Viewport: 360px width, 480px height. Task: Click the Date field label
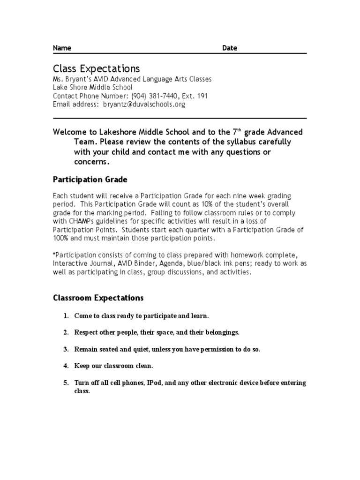coord(229,48)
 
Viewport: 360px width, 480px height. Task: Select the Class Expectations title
coord(96,68)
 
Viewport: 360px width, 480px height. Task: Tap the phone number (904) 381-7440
coord(151,96)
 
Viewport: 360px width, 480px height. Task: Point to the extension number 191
coord(202,96)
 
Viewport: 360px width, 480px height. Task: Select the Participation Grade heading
coord(90,180)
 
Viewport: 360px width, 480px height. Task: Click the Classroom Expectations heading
coord(98,298)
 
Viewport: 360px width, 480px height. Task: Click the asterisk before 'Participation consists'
coord(54,254)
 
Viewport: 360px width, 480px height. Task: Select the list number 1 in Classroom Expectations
coord(66,315)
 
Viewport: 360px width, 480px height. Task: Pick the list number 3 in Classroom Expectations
coord(66,349)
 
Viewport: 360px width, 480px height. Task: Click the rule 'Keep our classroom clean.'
coord(114,366)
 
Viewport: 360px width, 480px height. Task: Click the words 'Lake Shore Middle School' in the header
coord(93,88)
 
